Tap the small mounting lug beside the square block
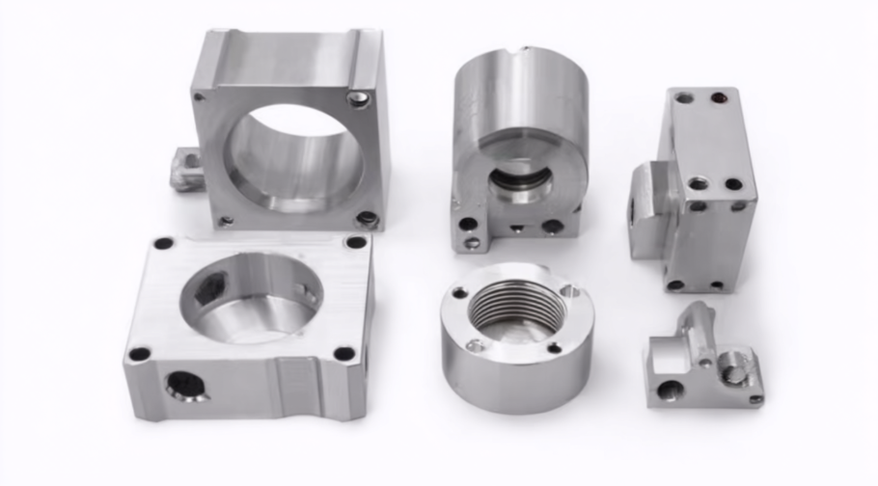pos(184,168)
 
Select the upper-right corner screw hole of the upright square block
pos(358,97)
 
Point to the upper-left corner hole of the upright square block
pos(200,95)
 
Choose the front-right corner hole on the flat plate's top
pos(343,353)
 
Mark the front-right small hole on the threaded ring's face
pos(554,348)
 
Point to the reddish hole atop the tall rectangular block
pos(719,98)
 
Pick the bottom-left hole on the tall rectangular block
pos(675,285)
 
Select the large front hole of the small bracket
pos(670,391)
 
